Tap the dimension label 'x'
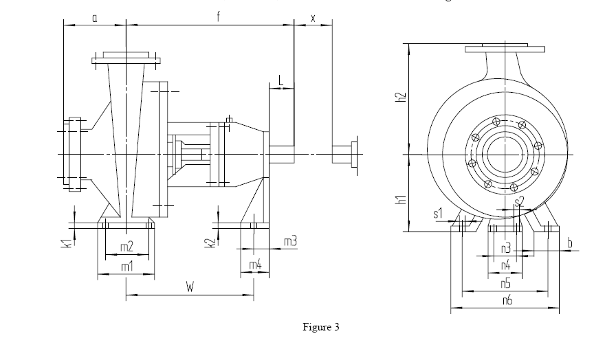point(313,18)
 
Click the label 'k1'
point(63,243)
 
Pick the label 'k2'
point(212,243)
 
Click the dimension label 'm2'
point(126,247)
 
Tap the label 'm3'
point(290,241)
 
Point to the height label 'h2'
point(401,99)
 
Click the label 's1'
point(438,214)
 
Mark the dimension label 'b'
point(570,243)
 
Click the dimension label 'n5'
point(506,283)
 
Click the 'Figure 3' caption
point(321,326)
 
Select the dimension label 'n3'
point(506,247)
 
